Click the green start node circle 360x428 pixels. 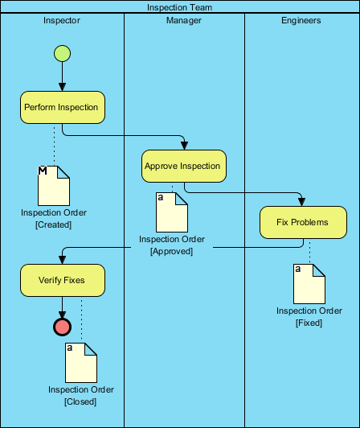pos(62,54)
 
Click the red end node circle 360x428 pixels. pos(62,326)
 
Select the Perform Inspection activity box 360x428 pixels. pos(62,107)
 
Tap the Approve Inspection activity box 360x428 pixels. pos(183,166)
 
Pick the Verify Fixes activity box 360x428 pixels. pos(62,280)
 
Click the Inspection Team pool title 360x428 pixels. pos(180,7)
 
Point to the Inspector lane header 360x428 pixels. pos(62,21)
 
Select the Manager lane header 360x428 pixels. pos(183,21)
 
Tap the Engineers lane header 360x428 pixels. pos(301,21)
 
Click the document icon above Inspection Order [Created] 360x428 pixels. pos(54,185)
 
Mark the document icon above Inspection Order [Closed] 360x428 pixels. pos(80,362)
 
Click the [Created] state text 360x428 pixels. pos(54,224)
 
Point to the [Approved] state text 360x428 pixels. pos(171,251)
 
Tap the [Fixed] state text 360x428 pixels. pos(309,323)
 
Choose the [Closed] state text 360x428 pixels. pos(80,401)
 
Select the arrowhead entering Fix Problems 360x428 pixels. pos(301,202)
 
